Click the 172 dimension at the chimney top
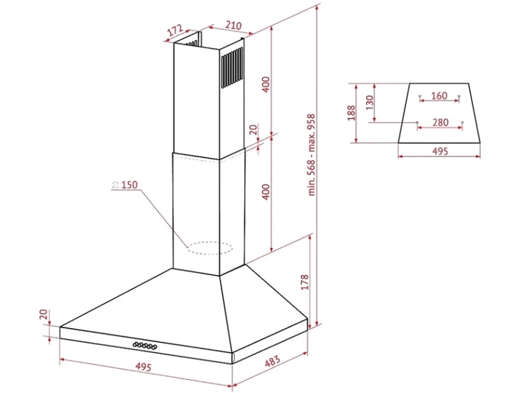pos(175,29)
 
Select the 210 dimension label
pos(233,25)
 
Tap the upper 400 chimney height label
pos(266,84)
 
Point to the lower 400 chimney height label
pos(266,192)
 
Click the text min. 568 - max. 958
pos(312,155)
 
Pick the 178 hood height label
pos(305,282)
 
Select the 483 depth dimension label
pos(272,361)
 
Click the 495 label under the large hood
pos(143,367)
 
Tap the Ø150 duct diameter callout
pos(125,185)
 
